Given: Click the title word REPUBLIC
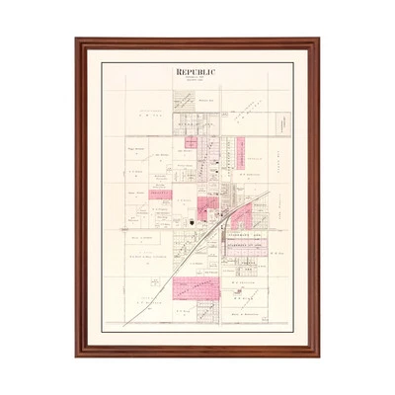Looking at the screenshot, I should click(x=197, y=72).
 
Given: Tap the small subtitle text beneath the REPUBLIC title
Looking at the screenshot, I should click(x=197, y=81).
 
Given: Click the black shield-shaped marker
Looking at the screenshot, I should click(x=190, y=224).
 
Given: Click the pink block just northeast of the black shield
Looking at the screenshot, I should click(x=207, y=206).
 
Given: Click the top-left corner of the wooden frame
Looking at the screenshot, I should click(x=77, y=40).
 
